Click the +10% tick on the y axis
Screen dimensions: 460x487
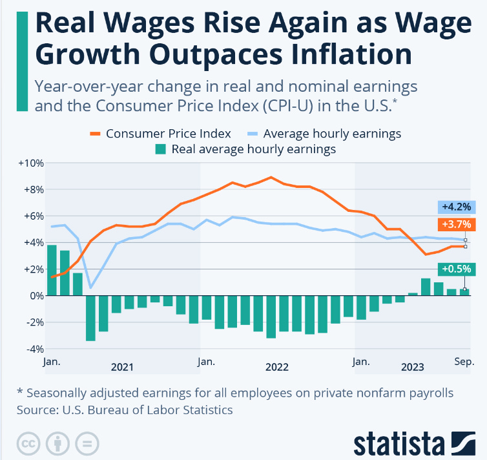pyautogui.click(x=30, y=163)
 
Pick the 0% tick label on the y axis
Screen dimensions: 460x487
pyautogui.click(x=36, y=296)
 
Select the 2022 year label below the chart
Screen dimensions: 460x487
pyautogui.click(x=277, y=367)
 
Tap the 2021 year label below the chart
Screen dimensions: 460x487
pyautogui.click(x=122, y=367)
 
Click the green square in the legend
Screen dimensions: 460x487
pyautogui.click(x=160, y=150)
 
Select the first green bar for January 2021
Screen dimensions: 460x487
pyautogui.click(x=52, y=270)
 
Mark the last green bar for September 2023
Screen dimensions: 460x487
pyautogui.click(x=464, y=292)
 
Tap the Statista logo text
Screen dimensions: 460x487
pyautogui.click(x=398, y=444)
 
